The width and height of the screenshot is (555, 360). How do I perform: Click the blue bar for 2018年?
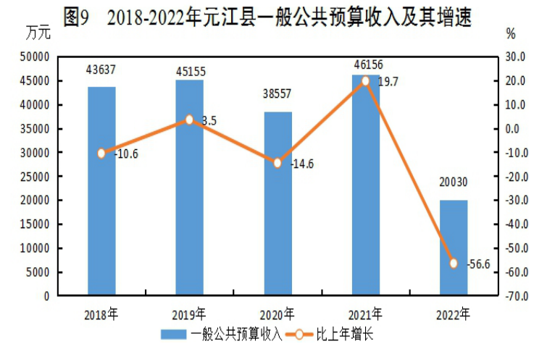(x=101, y=191)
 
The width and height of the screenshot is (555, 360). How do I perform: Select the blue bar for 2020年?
(x=277, y=204)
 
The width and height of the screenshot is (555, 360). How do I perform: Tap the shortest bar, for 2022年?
(x=454, y=248)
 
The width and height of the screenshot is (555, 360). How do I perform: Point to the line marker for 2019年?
(x=190, y=120)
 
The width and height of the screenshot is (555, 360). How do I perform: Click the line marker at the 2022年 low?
(x=454, y=264)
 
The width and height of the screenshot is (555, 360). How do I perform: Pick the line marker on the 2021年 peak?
(x=365, y=81)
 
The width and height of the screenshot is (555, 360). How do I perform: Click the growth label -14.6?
(x=301, y=164)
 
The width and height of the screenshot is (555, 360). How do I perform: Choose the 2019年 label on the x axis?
(x=190, y=314)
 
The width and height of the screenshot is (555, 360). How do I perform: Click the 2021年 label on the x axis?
(x=365, y=314)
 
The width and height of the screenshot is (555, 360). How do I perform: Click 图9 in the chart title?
(x=75, y=17)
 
